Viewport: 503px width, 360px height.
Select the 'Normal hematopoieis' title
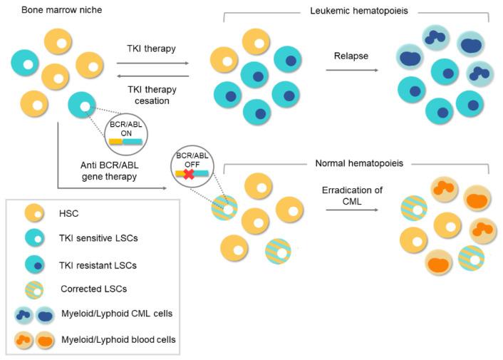point(354,163)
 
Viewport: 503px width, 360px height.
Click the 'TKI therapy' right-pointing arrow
point(153,63)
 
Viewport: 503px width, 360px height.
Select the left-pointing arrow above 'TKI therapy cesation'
point(153,75)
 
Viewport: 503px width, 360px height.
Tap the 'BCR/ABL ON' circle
point(126,133)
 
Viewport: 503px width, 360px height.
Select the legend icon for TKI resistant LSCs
point(33,265)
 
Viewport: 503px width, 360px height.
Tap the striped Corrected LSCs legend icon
point(33,289)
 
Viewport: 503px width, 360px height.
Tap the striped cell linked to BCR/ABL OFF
point(227,210)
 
